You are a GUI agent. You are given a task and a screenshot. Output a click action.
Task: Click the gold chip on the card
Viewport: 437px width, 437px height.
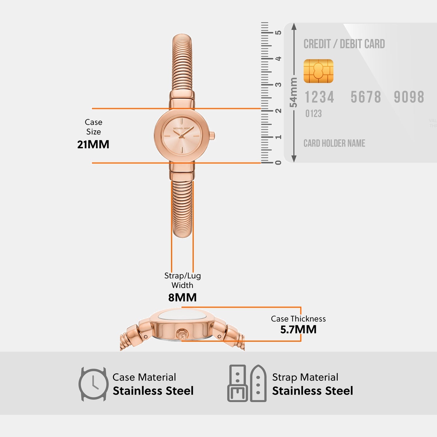click(318, 71)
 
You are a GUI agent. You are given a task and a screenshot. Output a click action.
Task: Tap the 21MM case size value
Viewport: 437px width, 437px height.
click(93, 145)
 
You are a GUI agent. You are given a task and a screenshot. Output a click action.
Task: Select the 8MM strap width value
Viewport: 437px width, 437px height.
click(182, 297)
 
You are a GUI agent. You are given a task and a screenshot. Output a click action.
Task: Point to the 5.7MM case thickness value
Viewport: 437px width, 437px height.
click(298, 329)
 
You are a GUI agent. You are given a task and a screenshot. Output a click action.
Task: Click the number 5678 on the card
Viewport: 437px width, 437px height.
click(366, 97)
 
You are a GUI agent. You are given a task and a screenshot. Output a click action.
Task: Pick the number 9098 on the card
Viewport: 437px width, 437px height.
click(409, 97)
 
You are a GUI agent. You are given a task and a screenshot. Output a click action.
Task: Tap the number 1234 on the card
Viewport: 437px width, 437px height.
click(319, 97)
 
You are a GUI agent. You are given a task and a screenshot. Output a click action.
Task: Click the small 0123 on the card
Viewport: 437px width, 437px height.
click(313, 114)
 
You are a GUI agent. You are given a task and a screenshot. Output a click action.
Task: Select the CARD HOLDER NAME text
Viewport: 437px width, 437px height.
click(334, 143)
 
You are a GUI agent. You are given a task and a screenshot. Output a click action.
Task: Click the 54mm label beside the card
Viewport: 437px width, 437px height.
click(293, 92)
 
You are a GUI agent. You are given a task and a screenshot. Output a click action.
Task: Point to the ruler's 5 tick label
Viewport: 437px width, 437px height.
click(278, 32)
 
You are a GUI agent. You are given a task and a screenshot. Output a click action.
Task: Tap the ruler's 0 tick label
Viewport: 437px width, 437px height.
click(278, 163)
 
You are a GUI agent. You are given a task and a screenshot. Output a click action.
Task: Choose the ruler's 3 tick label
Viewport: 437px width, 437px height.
click(278, 84)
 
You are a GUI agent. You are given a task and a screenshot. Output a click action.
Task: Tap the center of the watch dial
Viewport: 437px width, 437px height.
click(181, 136)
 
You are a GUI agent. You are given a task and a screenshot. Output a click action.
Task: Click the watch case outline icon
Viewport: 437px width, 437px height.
click(93, 384)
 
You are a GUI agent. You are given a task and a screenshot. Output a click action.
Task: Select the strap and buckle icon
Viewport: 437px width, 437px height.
click(247, 383)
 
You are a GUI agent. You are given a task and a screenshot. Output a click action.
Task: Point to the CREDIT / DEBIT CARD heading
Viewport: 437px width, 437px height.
click(344, 44)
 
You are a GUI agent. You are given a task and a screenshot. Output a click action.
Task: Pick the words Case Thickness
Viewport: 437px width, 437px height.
click(298, 319)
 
